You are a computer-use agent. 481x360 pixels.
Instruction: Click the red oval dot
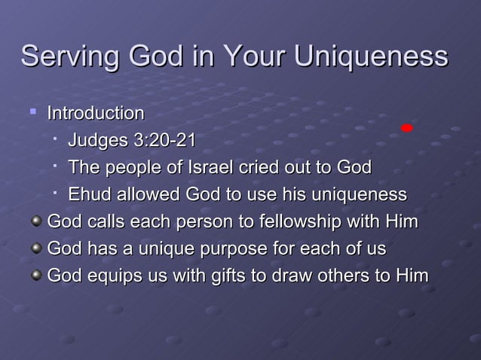(407, 128)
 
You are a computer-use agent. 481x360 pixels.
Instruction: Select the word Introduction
(96, 114)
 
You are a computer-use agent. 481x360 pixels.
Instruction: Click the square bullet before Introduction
(32, 113)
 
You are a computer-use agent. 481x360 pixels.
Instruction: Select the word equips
(106, 276)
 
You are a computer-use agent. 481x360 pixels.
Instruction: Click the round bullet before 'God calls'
(35, 223)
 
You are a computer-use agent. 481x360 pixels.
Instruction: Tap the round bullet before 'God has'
(35, 250)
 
